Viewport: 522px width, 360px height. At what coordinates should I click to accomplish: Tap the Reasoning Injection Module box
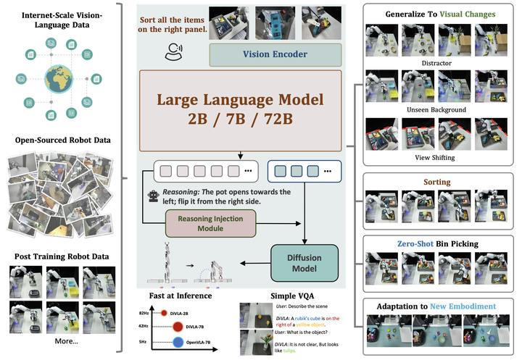point(209,222)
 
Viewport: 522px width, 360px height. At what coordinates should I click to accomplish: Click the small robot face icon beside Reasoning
point(154,196)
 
